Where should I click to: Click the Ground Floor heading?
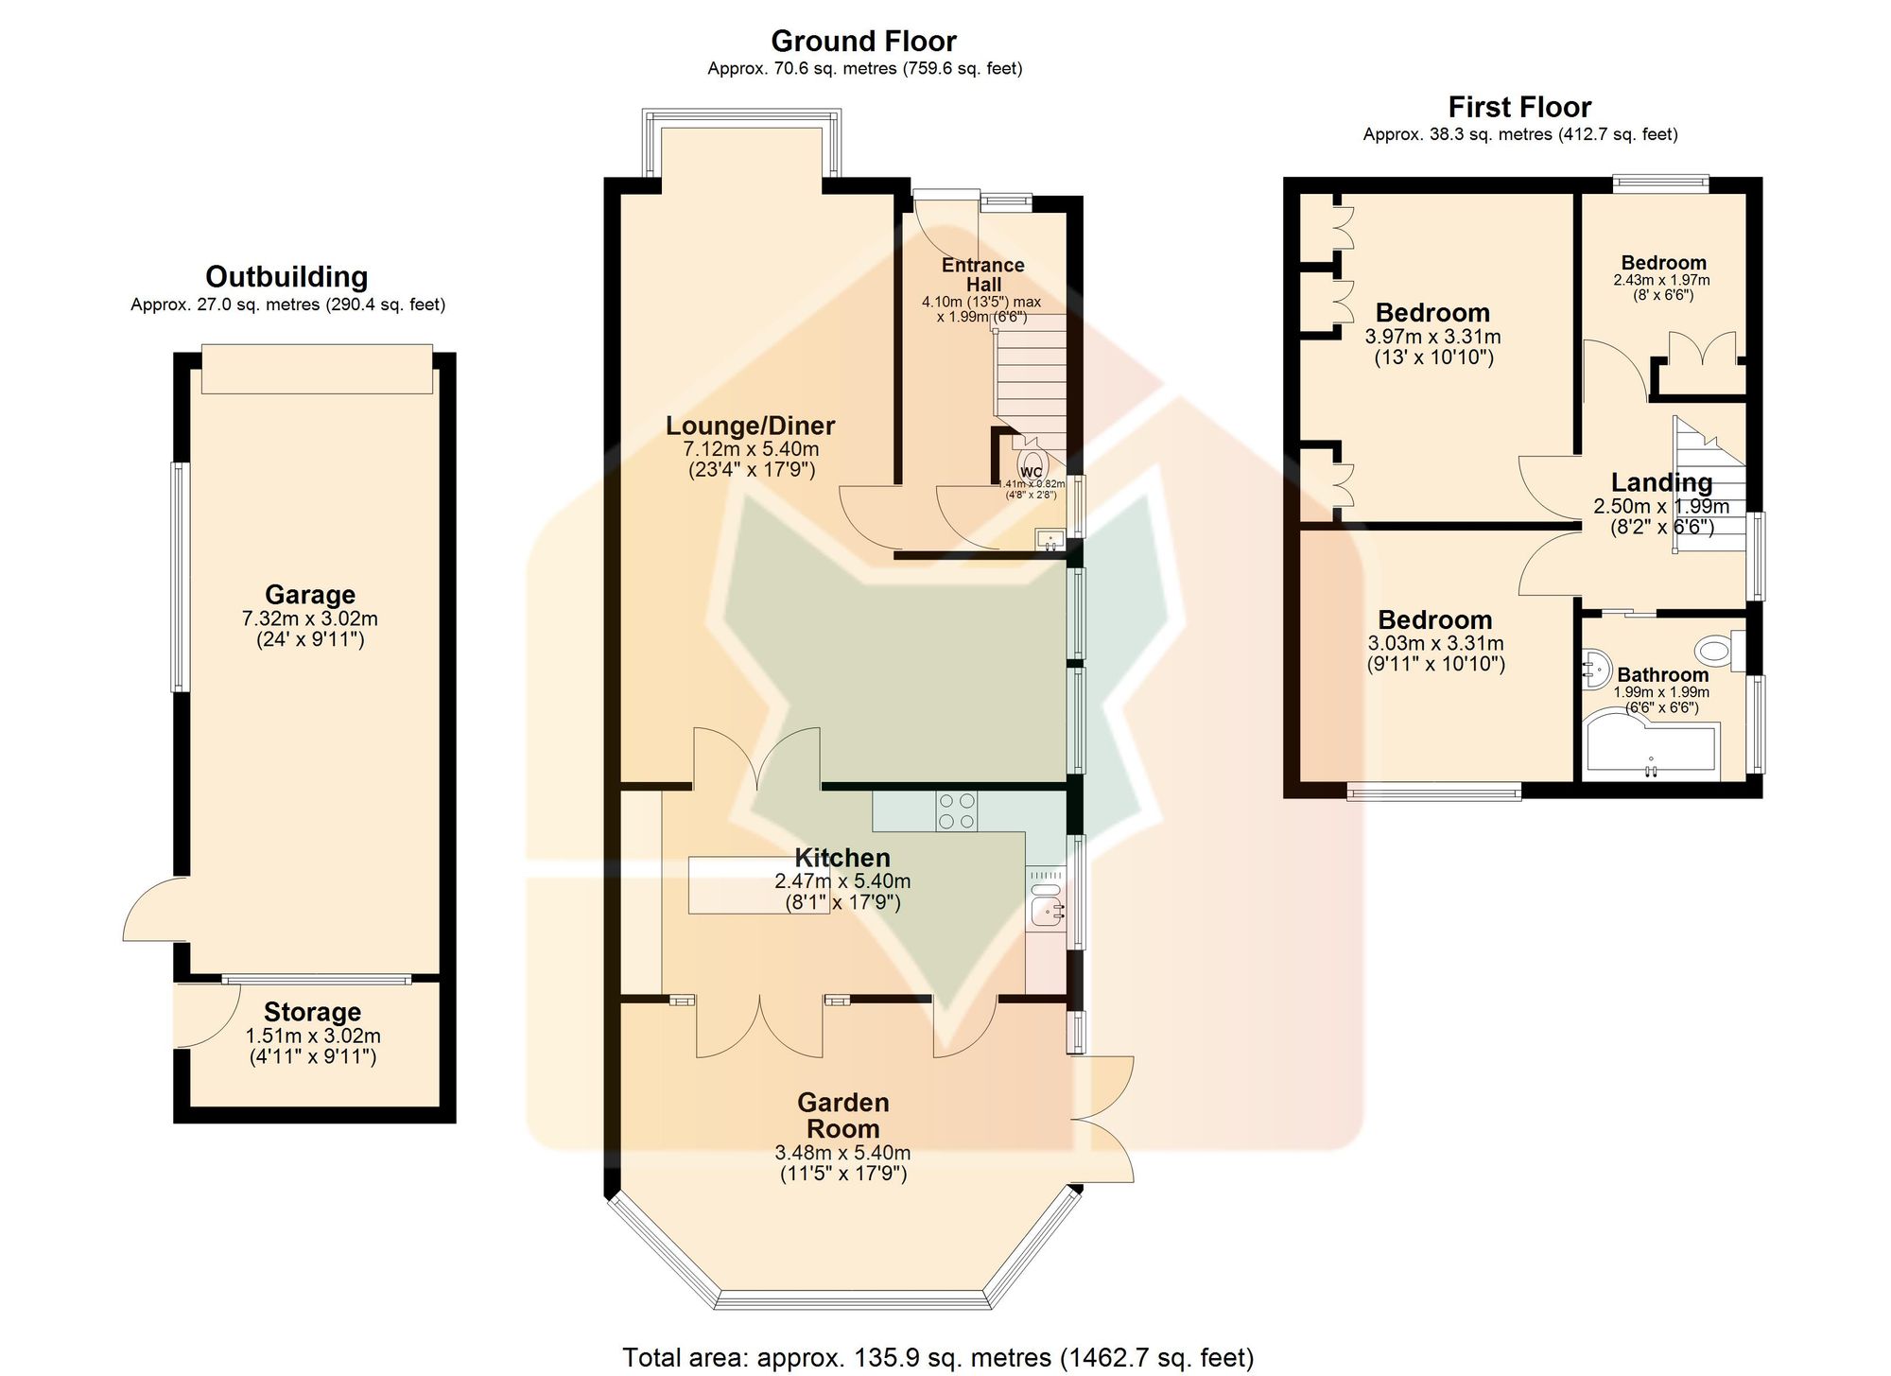tap(863, 42)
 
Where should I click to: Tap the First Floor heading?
tap(1519, 107)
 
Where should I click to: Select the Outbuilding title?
tap(286, 277)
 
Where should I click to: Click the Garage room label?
tap(310, 595)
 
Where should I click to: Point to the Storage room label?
tap(312, 1012)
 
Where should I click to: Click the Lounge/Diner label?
tap(751, 426)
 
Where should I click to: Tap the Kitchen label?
tap(842, 858)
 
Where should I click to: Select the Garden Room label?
tap(842, 1116)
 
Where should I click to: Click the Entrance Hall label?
tap(983, 275)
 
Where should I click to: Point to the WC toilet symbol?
tap(1031, 469)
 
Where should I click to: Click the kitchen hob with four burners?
tap(956, 811)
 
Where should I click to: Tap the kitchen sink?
tap(1048, 912)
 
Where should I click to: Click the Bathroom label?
tap(1662, 675)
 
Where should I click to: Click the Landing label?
tap(1661, 483)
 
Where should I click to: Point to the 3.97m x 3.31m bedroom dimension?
tap(1432, 337)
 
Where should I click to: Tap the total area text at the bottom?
tap(938, 1358)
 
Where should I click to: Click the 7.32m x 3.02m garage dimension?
tap(310, 619)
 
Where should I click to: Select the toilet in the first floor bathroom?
tap(1713, 650)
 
